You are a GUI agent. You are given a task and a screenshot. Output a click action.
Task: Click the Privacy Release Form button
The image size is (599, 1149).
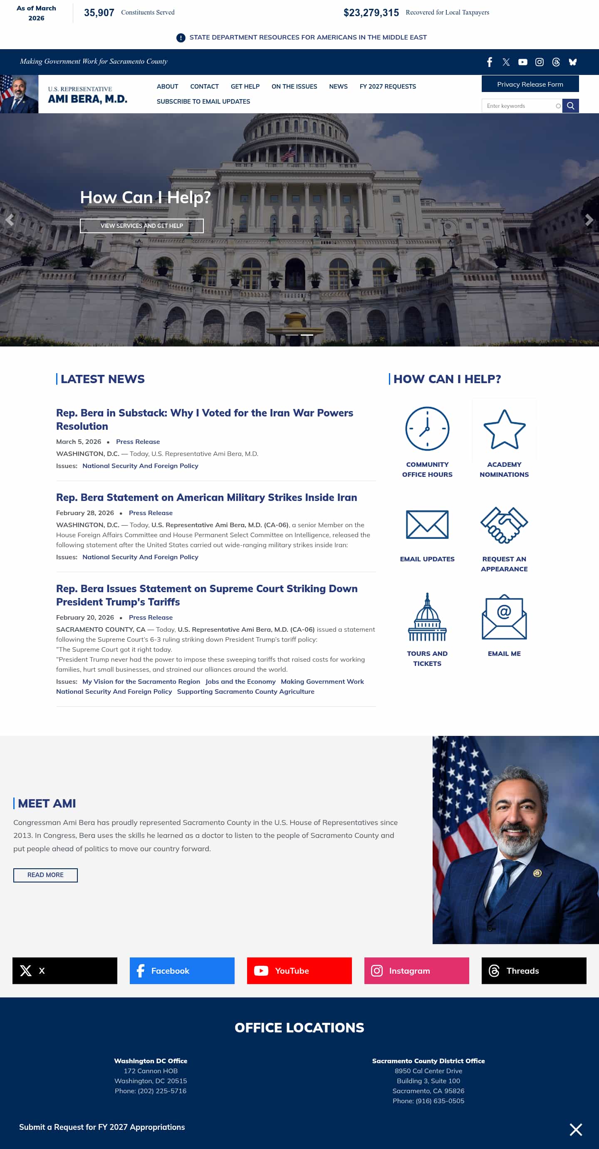pos(530,84)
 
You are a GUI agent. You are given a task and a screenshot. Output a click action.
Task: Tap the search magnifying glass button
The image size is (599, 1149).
pos(570,106)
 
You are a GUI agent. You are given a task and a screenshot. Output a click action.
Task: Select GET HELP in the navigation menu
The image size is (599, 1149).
pos(245,87)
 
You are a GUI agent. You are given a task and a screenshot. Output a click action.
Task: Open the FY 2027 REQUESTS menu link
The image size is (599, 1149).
pos(387,87)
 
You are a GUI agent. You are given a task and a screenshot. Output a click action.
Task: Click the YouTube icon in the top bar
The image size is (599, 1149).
pos(522,62)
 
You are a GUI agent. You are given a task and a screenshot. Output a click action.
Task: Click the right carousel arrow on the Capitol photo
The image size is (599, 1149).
pos(589,220)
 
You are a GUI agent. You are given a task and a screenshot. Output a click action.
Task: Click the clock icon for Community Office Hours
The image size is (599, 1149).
pos(427,429)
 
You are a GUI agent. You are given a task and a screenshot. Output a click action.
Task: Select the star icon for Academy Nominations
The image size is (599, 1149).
pos(504,429)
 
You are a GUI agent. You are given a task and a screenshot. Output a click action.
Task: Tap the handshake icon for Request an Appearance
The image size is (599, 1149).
pos(504,525)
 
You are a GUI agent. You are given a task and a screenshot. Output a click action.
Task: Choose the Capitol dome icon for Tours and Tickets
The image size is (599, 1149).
pos(427,617)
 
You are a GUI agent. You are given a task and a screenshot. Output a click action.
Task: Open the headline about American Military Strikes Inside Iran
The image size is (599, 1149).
pos(206,497)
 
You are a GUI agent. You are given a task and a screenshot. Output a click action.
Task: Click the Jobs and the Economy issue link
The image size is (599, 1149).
pos(240,682)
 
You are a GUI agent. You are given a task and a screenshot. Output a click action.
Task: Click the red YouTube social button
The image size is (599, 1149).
pos(299,971)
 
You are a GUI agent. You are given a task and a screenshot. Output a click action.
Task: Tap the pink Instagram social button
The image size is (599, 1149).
pos(416,971)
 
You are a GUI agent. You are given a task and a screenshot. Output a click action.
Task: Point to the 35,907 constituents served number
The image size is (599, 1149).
pos(99,13)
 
